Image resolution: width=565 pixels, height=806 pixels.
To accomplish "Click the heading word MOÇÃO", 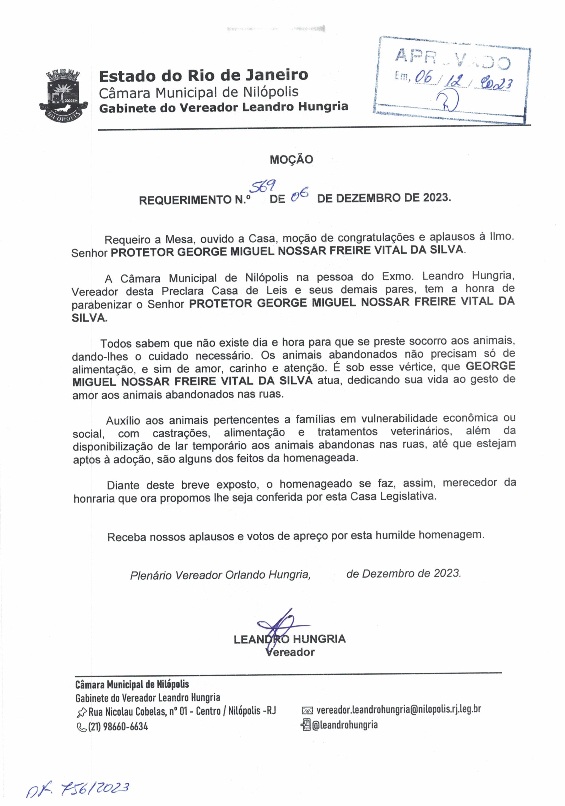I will tap(291, 160).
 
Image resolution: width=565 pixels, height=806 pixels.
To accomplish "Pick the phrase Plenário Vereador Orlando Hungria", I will tap(220, 575).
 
